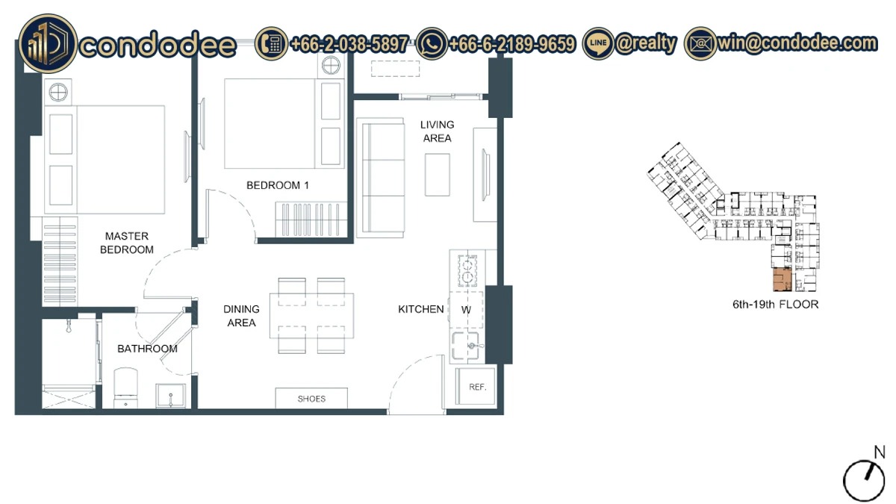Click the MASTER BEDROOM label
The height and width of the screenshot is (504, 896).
pyautogui.click(x=127, y=243)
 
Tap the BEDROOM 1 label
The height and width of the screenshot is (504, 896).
pyautogui.click(x=278, y=185)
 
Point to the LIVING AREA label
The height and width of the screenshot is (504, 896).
pyautogui.click(x=438, y=131)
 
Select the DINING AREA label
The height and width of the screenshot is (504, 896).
pyautogui.click(x=241, y=316)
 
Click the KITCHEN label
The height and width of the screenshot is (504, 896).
pyautogui.click(x=421, y=309)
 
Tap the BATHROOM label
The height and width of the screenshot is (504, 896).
pyautogui.click(x=147, y=349)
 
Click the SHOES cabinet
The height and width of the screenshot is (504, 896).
pyautogui.click(x=311, y=399)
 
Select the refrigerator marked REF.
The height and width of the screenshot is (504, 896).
pyautogui.click(x=476, y=387)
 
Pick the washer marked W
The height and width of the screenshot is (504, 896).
pyautogui.click(x=466, y=310)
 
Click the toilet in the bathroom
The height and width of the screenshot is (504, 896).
pyautogui.click(x=125, y=388)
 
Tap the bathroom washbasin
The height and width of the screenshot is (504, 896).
pyautogui.click(x=171, y=396)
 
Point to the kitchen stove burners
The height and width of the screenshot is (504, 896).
pyautogui.click(x=467, y=271)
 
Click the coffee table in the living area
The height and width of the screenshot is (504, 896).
pyautogui.click(x=438, y=175)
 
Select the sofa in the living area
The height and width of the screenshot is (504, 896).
pyautogui.click(x=380, y=178)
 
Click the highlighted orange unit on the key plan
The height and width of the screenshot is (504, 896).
pyautogui.click(x=783, y=279)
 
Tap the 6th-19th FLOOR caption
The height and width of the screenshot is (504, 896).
pyautogui.click(x=775, y=305)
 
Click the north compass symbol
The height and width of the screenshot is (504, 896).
pyautogui.click(x=864, y=479)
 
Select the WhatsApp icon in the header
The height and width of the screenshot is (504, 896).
pyautogui.click(x=432, y=43)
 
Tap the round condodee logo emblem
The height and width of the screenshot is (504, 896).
pyautogui.click(x=48, y=43)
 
